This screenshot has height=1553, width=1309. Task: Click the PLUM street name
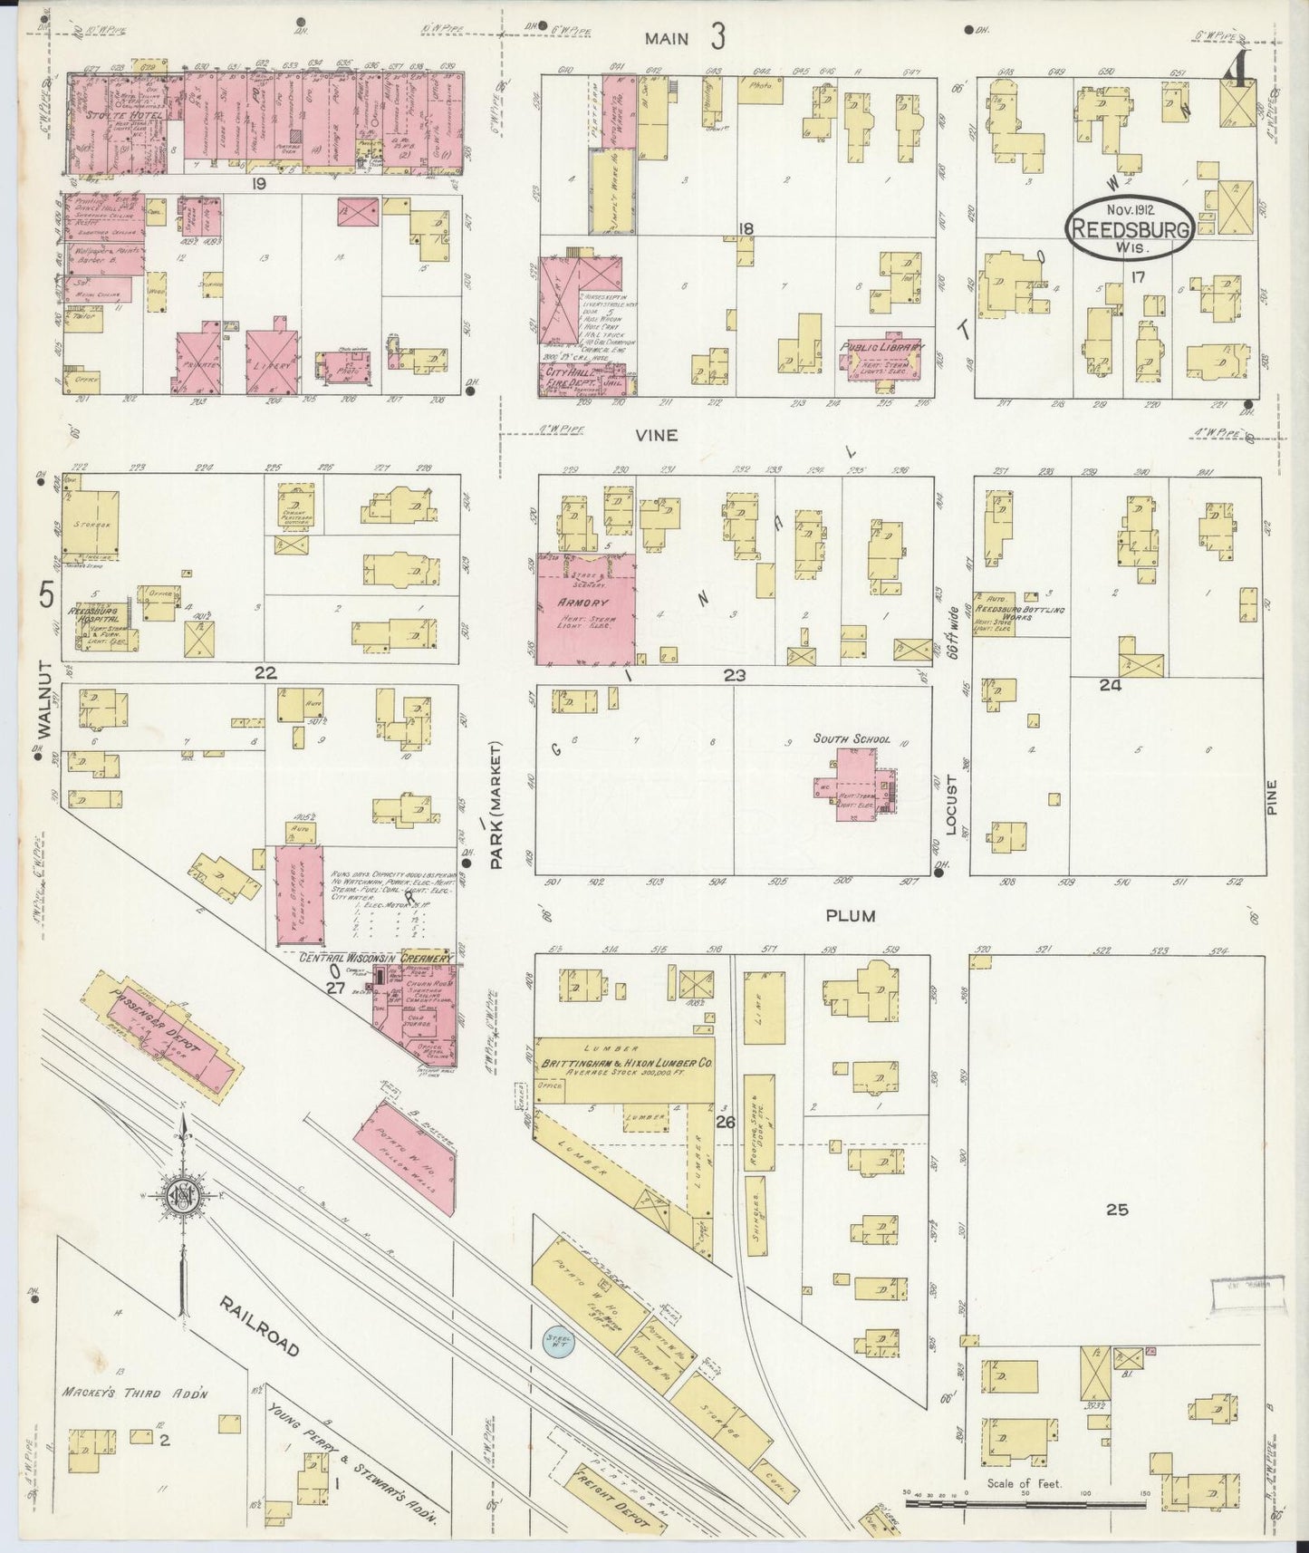point(850,916)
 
